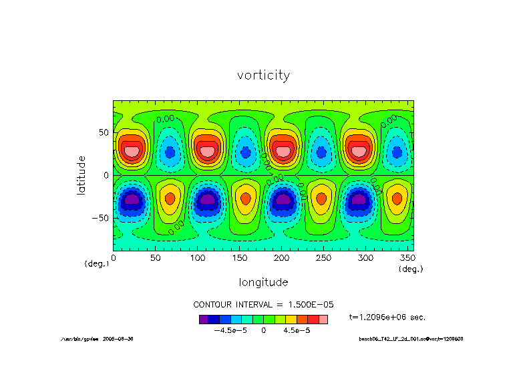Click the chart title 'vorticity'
pyautogui.click(x=263, y=75)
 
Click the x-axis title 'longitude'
pyautogui.click(x=263, y=281)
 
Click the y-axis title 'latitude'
pyautogui.click(x=81, y=175)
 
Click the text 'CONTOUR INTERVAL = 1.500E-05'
pyautogui.click(x=263, y=304)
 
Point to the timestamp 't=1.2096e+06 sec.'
pyautogui.click(x=387, y=317)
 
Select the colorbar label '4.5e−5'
pyautogui.click(x=297, y=330)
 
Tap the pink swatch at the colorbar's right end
pyautogui.click(x=323, y=320)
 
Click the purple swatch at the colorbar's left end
pyautogui.click(x=204, y=320)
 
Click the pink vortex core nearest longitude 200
pyautogui.click(x=283, y=151)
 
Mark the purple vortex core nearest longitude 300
pyautogui.click(x=359, y=199)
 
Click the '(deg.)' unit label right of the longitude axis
pyautogui.click(x=411, y=269)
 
